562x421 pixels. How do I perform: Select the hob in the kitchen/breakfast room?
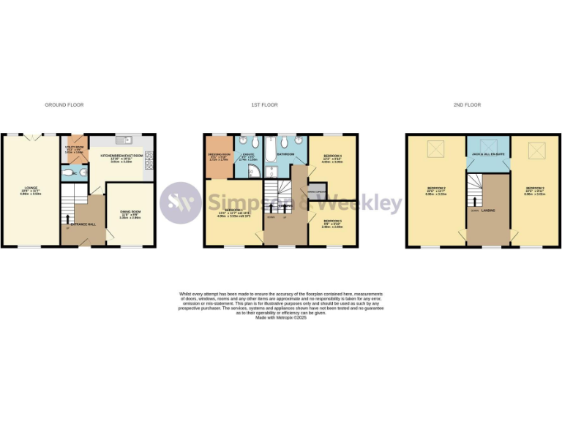(x=150, y=156)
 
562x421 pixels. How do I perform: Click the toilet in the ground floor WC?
(x=68, y=173)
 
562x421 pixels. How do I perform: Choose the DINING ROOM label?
(x=130, y=213)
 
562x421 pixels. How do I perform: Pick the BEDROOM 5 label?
(x=332, y=221)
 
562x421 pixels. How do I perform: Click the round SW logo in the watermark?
(x=181, y=202)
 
